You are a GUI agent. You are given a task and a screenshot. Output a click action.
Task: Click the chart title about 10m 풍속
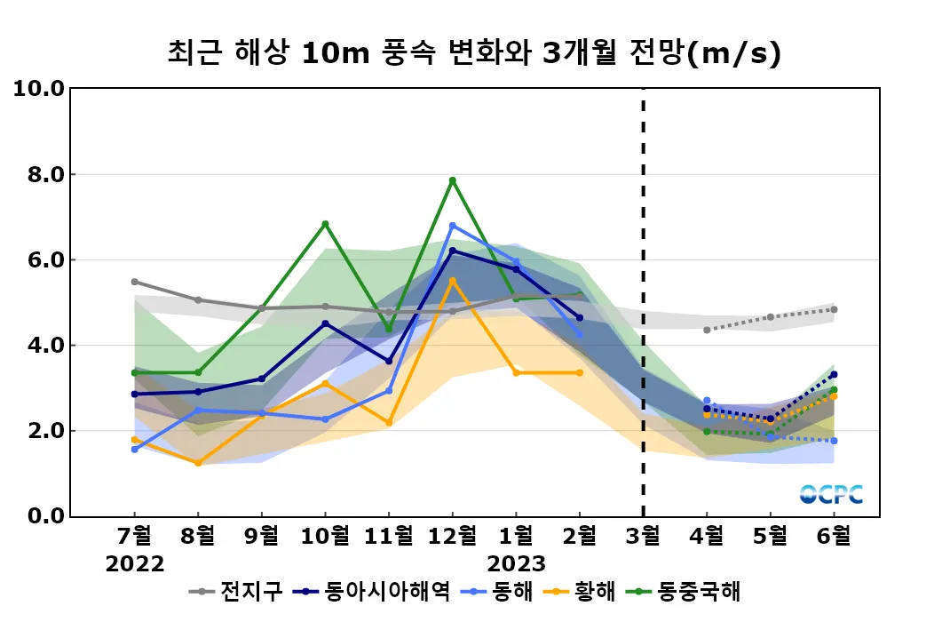pyautogui.click(x=474, y=54)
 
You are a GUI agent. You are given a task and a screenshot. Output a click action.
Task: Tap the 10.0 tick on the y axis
pyautogui.click(x=38, y=89)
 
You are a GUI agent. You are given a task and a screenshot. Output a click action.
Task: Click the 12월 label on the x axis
pyautogui.click(x=452, y=537)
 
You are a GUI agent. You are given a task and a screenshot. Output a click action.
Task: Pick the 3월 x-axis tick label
pyautogui.click(x=643, y=537)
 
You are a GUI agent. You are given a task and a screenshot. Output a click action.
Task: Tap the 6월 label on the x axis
pyautogui.click(x=834, y=537)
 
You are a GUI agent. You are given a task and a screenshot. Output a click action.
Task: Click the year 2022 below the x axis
pyautogui.click(x=135, y=563)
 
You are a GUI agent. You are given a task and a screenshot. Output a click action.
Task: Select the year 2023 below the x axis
pyautogui.click(x=516, y=563)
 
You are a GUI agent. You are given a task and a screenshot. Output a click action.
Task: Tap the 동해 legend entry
pyautogui.click(x=511, y=591)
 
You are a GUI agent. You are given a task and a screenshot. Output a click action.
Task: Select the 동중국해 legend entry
pyautogui.click(x=697, y=591)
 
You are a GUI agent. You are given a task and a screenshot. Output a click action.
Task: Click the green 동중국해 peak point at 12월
pyautogui.click(x=452, y=180)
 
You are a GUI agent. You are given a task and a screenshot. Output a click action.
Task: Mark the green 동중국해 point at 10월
pyautogui.click(x=325, y=224)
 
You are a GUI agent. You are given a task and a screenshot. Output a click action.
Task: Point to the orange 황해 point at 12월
pyautogui.click(x=452, y=281)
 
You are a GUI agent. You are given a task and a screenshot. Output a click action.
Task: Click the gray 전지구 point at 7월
pyautogui.click(x=135, y=282)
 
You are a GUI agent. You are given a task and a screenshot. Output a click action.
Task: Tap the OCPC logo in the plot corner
pyautogui.click(x=831, y=494)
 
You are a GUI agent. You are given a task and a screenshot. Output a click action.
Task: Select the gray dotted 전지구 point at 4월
pyautogui.click(x=707, y=330)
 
